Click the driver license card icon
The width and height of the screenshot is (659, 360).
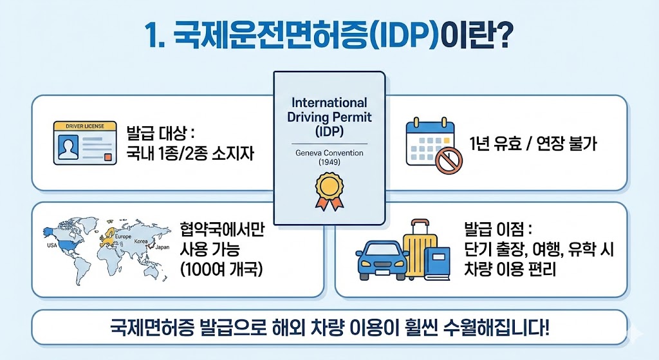pyautogui.click(x=85, y=142)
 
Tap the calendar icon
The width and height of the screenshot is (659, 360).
pyautogui.click(x=429, y=143)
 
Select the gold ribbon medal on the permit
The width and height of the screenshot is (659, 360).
pyautogui.click(x=328, y=191)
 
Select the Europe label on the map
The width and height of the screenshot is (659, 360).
pyautogui.click(x=123, y=238)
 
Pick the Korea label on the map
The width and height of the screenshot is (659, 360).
pyautogui.click(x=140, y=241)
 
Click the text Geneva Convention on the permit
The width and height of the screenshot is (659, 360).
pyautogui.click(x=329, y=153)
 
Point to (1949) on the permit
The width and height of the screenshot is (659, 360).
pyautogui.click(x=329, y=162)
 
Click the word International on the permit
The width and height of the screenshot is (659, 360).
pyautogui.click(x=329, y=103)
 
